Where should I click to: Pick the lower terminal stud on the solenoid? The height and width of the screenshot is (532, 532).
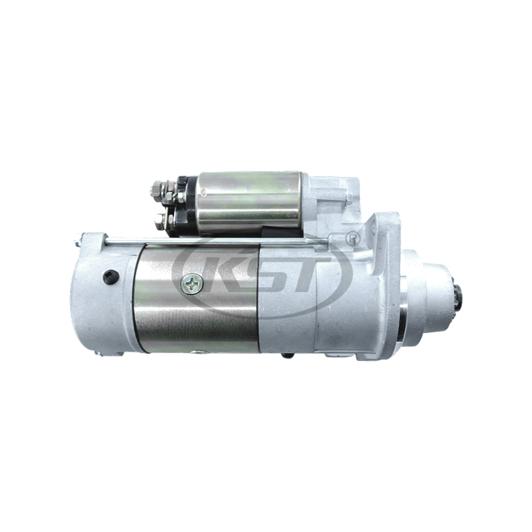[x=160, y=219]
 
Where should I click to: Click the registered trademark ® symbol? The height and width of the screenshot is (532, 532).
[x=353, y=236]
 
